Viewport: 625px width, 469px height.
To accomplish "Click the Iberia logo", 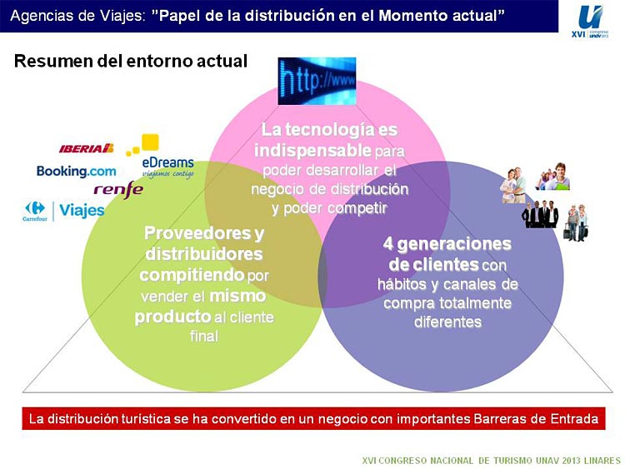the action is pyautogui.click(x=87, y=148).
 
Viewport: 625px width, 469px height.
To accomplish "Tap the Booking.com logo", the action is pyautogui.click(x=76, y=172).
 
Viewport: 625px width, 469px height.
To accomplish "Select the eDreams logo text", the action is pyautogui.click(x=167, y=162).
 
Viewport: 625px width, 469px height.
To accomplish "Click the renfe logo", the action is pyautogui.click(x=118, y=190).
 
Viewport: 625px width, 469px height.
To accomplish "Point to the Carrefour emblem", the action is pyautogui.click(x=35, y=211).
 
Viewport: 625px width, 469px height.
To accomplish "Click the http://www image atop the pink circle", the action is pyautogui.click(x=317, y=82).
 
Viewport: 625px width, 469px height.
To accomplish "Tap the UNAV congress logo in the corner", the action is pyautogui.click(x=590, y=22).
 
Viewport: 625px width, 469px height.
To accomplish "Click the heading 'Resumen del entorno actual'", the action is pyautogui.click(x=131, y=61).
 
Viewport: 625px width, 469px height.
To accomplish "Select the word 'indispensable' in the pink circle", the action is pyautogui.click(x=312, y=151).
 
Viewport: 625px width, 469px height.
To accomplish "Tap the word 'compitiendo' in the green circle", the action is pyautogui.click(x=192, y=275).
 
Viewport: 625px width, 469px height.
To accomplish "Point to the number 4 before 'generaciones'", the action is pyautogui.click(x=387, y=244).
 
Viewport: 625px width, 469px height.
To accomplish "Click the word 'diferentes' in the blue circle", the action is pyautogui.click(x=447, y=322).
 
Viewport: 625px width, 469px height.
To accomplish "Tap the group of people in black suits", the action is pyautogui.click(x=540, y=214).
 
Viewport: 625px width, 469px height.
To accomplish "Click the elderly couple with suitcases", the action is pyautogui.click(x=576, y=222).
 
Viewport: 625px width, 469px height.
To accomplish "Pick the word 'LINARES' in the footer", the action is pyautogui.click(x=602, y=461).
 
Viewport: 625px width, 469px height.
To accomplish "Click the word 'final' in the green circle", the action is pyautogui.click(x=204, y=337).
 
